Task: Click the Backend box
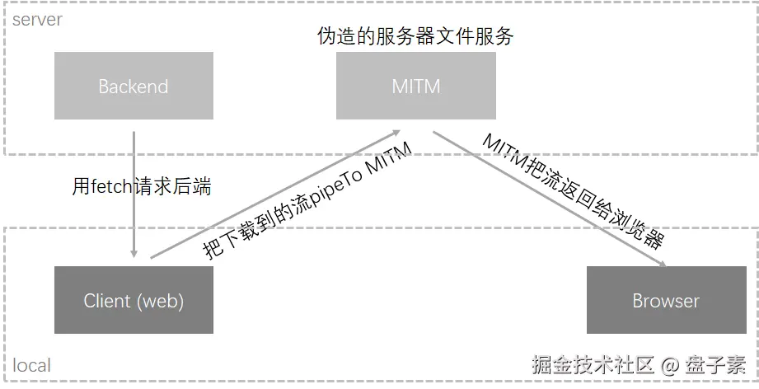(x=133, y=86)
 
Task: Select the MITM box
(x=416, y=86)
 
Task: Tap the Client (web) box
(x=133, y=300)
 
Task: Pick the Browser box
(x=665, y=300)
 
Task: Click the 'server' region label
(x=37, y=18)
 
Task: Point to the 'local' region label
(x=31, y=365)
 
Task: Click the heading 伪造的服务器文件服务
(x=415, y=36)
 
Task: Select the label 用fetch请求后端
(x=141, y=187)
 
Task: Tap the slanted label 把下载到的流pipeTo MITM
(x=307, y=201)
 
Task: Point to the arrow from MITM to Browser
(x=548, y=198)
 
